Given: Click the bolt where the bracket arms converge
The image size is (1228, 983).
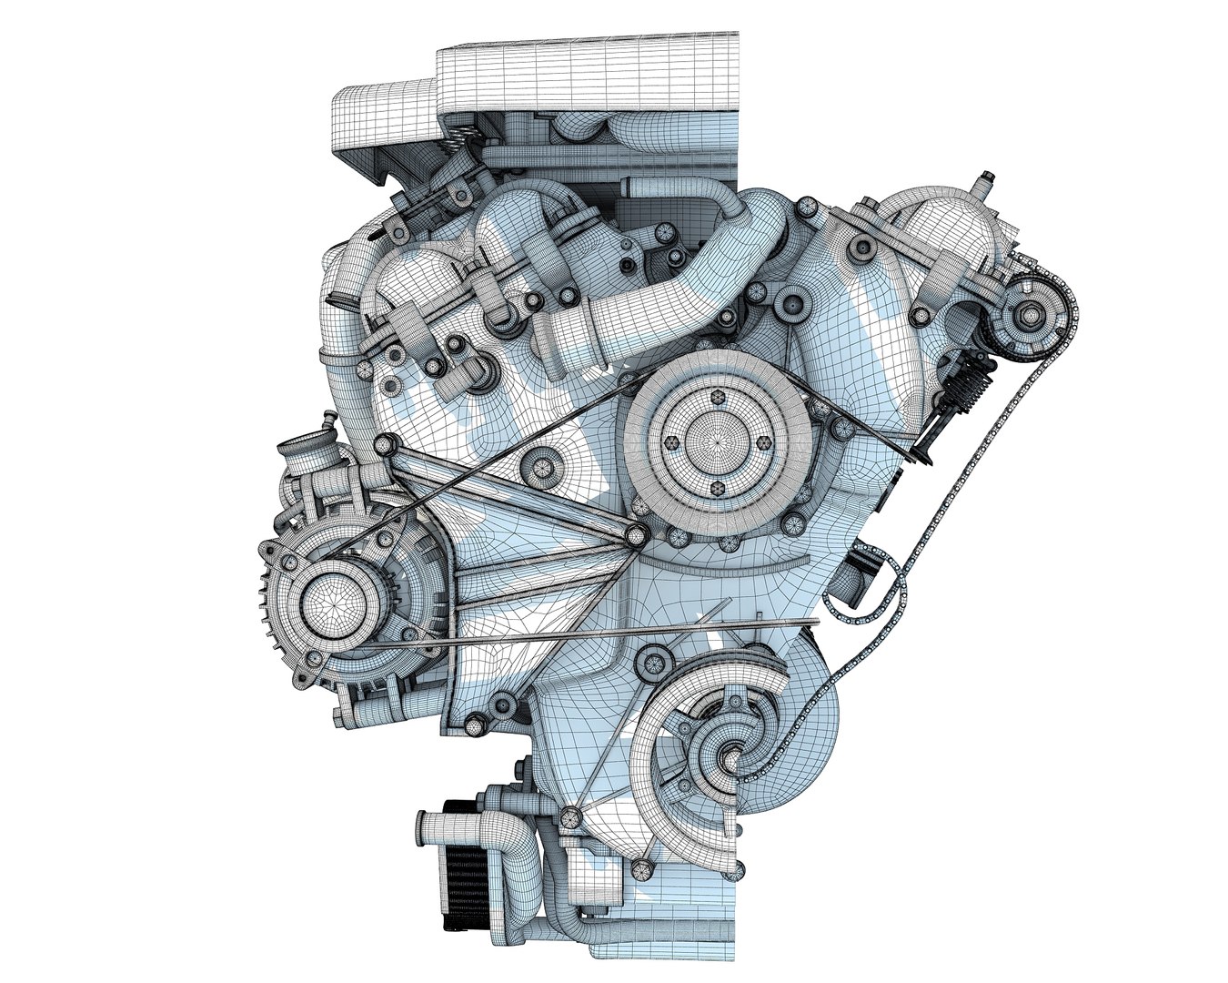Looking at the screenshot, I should (x=636, y=534).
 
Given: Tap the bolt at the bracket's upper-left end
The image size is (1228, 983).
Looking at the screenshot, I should (x=387, y=444).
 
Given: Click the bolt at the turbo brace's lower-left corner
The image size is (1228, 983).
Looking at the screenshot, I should (x=569, y=816).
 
